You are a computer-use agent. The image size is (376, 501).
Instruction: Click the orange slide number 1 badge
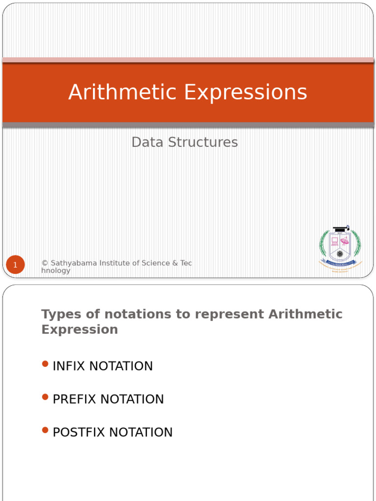(15, 265)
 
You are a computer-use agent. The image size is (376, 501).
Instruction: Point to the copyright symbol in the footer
(45, 263)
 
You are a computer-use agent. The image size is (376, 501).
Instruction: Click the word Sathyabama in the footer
(73, 263)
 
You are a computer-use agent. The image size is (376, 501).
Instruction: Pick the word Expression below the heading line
(80, 329)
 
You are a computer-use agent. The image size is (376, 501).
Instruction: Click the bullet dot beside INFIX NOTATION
(46, 364)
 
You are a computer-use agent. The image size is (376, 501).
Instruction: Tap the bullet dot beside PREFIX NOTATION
(46, 397)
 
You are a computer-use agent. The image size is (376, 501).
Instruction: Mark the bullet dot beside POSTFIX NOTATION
(46, 430)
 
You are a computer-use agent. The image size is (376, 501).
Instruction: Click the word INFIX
(69, 366)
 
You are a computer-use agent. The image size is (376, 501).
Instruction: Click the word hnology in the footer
(56, 271)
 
